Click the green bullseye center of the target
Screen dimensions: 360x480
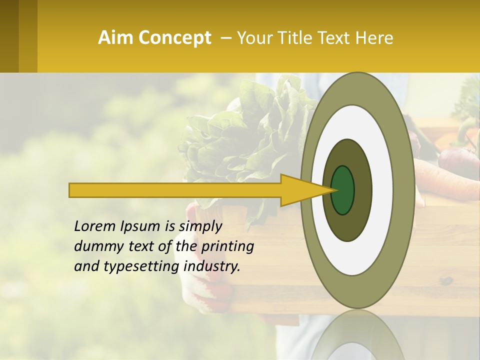click(x=343, y=190)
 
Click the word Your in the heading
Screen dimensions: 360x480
click(x=253, y=38)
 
